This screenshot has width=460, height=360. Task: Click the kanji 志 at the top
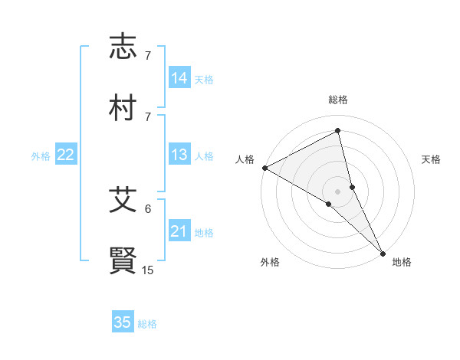pyautogui.click(x=123, y=47)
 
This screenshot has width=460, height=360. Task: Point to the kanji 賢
pyautogui.click(x=123, y=260)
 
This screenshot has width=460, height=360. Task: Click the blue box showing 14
pyautogui.click(x=179, y=78)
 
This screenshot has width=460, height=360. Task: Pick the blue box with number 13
pyautogui.click(x=179, y=155)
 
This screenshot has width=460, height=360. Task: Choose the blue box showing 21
pyautogui.click(x=179, y=232)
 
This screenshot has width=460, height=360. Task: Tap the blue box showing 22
pyautogui.click(x=65, y=155)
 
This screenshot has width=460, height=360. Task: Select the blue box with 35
pyautogui.click(x=123, y=322)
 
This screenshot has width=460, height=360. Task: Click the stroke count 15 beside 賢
pyautogui.click(x=148, y=270)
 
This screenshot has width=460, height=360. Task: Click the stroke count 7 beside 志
pyautogui.click(x=148, y=56)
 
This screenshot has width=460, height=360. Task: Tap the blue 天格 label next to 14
pyautogui.click(x=204, y=79)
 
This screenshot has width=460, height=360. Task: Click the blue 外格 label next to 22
pyautogui.click(x=41, y=156)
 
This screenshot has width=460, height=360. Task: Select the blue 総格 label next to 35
pyautogui.click(x=147, y=324)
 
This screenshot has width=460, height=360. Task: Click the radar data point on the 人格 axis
pyautogui.click(x=264, y=168)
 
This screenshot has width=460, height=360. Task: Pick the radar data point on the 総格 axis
pyautogui.click(x=338, y=132)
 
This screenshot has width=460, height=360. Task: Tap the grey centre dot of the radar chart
pyautogui.click(x=338, y=191)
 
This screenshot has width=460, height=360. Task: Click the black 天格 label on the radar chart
pyautogui.click(x=431, y=159)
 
